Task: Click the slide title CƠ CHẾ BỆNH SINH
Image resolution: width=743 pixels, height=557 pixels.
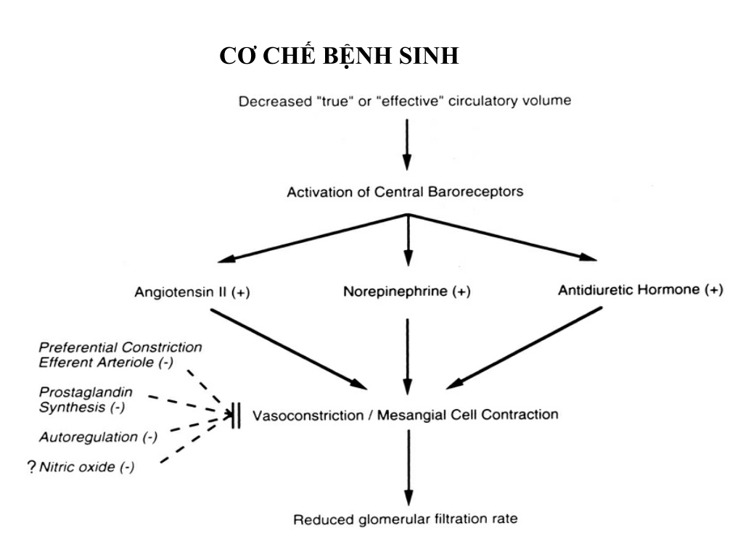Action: click(x=339, y=55)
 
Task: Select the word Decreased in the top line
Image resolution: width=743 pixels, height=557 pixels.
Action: click(x=275, y=102)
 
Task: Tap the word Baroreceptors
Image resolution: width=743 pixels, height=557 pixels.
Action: click(x=475, y=191)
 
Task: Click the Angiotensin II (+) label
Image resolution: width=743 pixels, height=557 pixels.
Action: click(x=192, y=292)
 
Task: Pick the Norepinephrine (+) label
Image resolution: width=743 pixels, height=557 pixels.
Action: click(x=407, y=291)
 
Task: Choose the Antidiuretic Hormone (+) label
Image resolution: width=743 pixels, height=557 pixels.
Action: click(x=641, y=289)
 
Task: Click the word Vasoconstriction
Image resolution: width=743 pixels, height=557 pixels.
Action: click(x=308, y=416)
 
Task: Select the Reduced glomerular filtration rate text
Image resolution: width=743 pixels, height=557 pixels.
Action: click(x=405, y=519)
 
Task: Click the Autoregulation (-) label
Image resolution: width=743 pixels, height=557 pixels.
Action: click(x=98, y=437)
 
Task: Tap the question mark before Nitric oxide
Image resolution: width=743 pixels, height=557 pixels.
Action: click(x=32, y=467)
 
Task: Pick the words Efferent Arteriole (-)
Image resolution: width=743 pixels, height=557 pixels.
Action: click(x=106, y=363)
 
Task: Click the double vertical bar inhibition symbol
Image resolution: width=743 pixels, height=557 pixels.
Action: click(x=237, y=416)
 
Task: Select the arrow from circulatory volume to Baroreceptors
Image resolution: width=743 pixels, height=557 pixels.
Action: click(x=406, y=144)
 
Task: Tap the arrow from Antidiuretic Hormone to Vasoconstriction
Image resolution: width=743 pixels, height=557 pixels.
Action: click(x=524, y=348)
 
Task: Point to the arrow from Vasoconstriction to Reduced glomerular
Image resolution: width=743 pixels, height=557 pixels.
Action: click(x=409, y=468)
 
